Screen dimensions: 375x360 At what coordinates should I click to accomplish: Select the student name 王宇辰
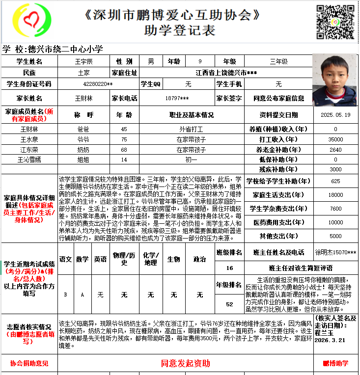(83, 62)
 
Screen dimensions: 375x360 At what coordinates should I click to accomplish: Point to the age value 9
(199, 62)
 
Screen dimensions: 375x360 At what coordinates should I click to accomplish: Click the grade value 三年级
(278, 62)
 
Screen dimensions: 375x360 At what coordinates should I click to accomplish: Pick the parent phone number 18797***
(177, 98)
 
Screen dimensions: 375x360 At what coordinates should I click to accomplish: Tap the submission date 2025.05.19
(335, 115)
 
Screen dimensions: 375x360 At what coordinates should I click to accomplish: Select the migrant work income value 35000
(335, 139)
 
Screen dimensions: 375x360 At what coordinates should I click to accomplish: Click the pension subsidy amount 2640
(335, 150)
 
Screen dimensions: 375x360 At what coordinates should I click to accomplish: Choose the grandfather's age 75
(124, 139)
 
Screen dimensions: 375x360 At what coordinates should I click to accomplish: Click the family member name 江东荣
(29, 150)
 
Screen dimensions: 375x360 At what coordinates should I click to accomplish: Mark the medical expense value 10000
(335, 222)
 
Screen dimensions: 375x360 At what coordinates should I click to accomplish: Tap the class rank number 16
(230, 268)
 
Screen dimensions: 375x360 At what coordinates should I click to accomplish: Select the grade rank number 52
(229, 304)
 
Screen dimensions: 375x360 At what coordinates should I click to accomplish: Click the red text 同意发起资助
(185, 364)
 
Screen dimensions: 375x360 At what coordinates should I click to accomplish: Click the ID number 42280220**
(98, 84)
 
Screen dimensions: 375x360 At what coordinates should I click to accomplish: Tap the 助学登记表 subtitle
(180, 30)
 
